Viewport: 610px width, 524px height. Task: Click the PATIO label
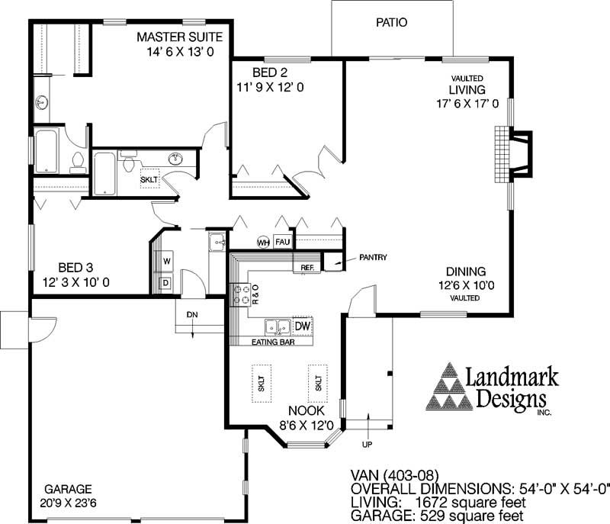click(391, 23)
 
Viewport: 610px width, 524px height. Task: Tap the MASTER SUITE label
click(179, 37)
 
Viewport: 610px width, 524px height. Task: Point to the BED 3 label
click(76, 268)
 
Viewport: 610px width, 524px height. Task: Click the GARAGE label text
click(68, 489)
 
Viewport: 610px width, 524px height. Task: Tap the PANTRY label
click(373, 258)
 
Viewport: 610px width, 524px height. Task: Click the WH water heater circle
click(264, 243)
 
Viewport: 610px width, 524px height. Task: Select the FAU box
click(283, 243)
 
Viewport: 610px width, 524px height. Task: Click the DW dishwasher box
click(303, 326)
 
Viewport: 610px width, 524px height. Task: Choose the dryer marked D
click(165, 282)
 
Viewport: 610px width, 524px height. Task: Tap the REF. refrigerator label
click(308, 268)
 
